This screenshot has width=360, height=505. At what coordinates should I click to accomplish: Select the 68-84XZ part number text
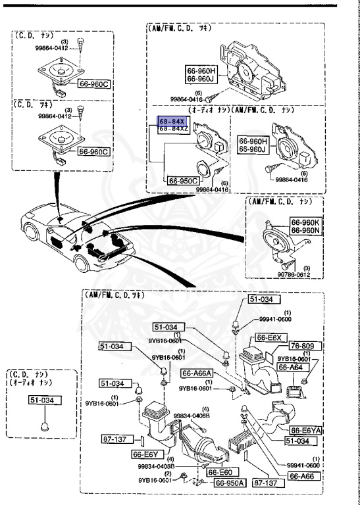click(172, 130)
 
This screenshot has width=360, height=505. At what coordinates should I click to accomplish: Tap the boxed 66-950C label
click(184, 180)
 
